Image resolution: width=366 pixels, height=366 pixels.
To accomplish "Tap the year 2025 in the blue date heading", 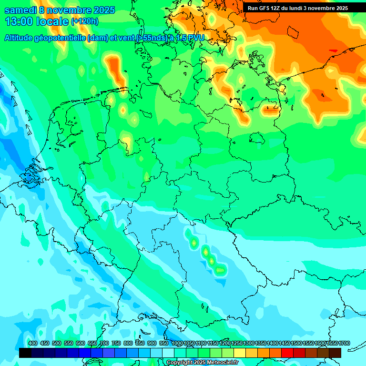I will [101, 10].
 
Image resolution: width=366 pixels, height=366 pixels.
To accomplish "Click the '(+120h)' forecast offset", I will [84, 21].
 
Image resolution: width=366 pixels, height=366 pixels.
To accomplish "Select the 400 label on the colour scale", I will [33, 343].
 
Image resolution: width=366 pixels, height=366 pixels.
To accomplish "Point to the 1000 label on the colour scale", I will [177, 343].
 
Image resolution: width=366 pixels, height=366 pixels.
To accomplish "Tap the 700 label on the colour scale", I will [104, 343].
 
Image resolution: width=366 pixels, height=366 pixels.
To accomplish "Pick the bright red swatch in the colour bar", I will [287, 353].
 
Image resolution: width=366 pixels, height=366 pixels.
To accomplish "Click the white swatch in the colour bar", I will [168, 353].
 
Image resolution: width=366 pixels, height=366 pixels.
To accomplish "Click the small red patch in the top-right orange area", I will [333, 51].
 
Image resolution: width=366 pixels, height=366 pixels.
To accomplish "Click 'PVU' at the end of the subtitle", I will [195, 38].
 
